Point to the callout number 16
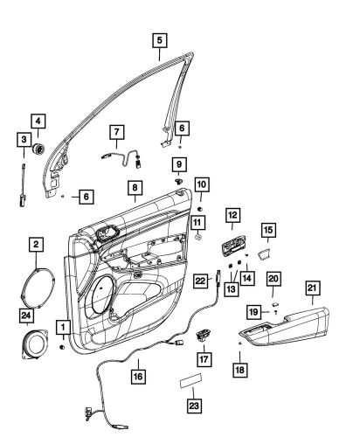[137, 376]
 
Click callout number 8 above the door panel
[135, 187]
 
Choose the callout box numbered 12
[232, 215]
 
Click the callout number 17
[204, 357]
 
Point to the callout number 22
[200, 281]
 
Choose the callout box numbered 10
[201, 186]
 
